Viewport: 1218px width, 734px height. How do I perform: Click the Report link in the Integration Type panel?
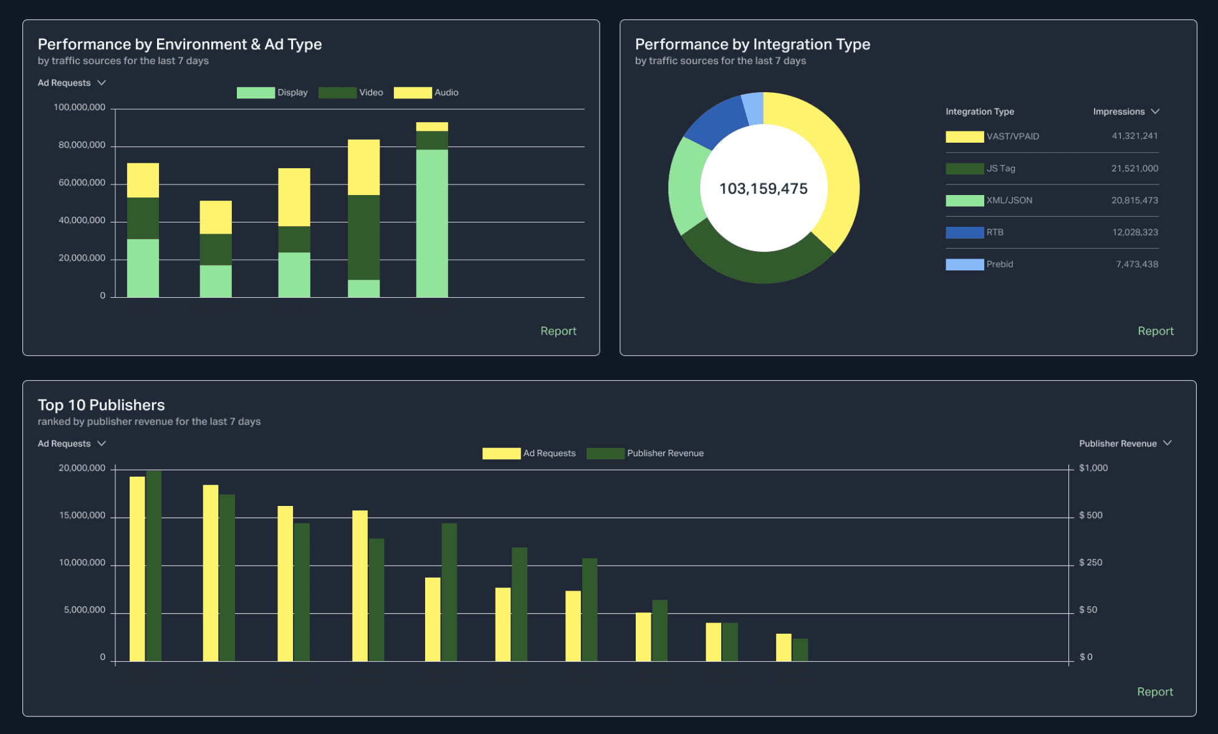[x=1155, y=331]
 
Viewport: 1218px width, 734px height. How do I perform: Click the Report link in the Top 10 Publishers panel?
[x=1154, y=692]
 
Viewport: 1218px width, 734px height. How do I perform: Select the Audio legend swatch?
[x=412, y=93]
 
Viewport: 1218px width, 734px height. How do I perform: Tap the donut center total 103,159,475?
[x=763, y=189]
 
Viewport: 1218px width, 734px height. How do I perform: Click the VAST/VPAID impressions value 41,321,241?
[x=1134, y=136]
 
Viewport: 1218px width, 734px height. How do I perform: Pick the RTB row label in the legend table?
[x=995, y=232]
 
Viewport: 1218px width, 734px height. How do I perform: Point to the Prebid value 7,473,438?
[x=1136, y=264]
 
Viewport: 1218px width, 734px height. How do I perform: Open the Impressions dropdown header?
[x=1125, y=112]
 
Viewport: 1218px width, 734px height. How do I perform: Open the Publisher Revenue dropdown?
[x=1125, y=444]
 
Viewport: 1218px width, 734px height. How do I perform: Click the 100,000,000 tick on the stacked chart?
[x=79, y=108]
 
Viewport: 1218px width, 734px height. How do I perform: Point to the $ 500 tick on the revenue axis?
[x=1090, y=515]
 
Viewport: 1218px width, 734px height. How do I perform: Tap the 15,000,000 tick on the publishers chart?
[x=82, y=516]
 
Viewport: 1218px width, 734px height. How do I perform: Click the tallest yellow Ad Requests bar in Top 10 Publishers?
[x=137, y=568]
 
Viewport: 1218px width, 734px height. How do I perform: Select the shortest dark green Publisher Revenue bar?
[x=800, y=650]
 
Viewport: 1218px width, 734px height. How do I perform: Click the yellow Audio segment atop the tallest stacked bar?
[x=432, y=126]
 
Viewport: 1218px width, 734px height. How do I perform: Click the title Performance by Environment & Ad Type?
[x=180, y=44]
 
